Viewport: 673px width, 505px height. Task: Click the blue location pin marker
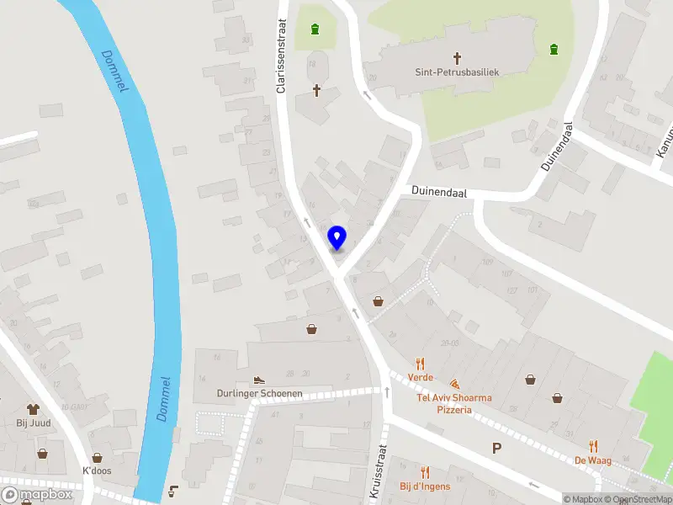337,238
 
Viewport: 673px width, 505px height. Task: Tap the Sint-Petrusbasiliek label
458,72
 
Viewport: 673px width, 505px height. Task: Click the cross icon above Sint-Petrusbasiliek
458,58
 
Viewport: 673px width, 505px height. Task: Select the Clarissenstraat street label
284,42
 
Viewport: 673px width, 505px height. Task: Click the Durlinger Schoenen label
259,393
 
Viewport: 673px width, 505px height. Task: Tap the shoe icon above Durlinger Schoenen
259,380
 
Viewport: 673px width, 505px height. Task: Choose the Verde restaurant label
421,377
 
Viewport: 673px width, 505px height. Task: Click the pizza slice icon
454,383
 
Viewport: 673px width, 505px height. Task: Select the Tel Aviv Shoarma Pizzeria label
454,403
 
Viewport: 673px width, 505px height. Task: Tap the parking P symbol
497,448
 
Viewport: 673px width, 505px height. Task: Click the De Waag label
592,460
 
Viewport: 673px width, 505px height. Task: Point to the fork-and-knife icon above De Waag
593,446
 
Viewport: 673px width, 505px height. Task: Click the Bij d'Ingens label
425,486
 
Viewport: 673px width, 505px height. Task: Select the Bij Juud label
34,423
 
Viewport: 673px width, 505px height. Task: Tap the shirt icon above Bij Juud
34,410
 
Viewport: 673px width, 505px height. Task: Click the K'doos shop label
97,470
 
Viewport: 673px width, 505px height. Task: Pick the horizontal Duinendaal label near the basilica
438,193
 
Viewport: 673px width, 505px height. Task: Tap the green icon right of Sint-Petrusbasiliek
554,49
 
